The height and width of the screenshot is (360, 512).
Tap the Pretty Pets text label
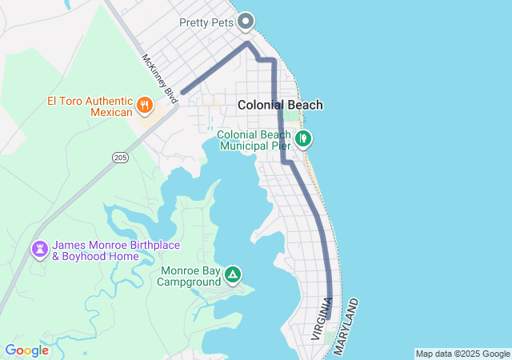click(206, 23)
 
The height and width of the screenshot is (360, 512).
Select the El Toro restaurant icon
click(145, 104)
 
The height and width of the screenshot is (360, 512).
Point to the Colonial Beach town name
click(280, 105)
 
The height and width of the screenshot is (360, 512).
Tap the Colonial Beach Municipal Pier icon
click(303, 139)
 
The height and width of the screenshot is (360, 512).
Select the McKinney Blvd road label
click(158, 78)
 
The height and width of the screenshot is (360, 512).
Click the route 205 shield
click(120, 158)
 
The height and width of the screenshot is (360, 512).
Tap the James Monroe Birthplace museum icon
click(38, 250)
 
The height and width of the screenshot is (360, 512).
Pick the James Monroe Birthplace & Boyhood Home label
click(115, 250)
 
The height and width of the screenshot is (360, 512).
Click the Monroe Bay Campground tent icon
click(233, 275)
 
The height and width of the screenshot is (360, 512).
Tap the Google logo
click(26, 350)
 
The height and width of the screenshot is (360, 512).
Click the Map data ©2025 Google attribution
click(462, 354)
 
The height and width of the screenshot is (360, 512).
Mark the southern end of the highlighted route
click(329, 318)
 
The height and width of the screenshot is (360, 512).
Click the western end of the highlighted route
click(183, 93)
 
